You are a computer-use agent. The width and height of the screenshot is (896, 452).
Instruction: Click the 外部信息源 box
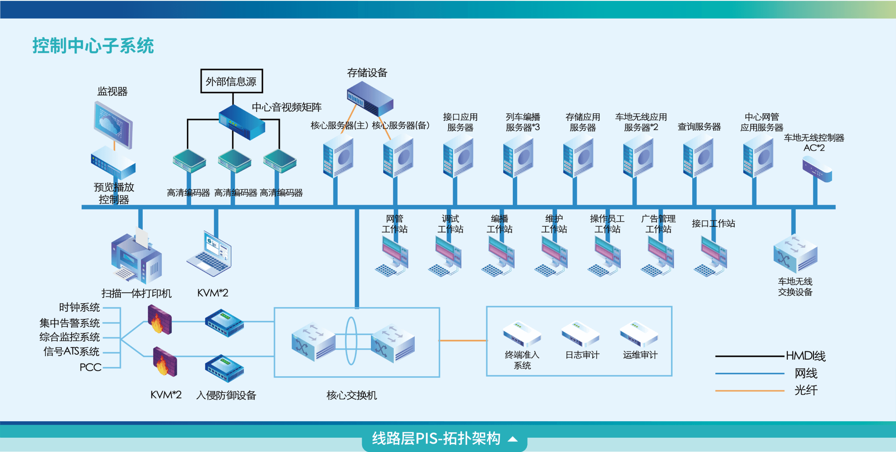click(x=232, y=81)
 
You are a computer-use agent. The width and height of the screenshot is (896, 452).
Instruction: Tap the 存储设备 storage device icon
click(x=370, y=99)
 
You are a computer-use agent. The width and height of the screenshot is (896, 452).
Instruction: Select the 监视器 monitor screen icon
click(x=113, y=125)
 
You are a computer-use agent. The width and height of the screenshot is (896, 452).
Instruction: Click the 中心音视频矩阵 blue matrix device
click(x=242, y=122)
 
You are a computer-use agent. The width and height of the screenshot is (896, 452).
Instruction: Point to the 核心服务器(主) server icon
click(x=338, y=158)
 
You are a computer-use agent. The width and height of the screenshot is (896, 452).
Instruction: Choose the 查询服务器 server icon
click(x=698, y=158)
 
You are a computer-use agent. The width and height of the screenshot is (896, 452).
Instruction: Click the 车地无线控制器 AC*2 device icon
click(x=817, y=169)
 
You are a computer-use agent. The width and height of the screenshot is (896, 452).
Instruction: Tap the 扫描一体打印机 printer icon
click(x=136, y=258)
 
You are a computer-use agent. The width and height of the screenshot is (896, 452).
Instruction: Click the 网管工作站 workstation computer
click(x=392, y=256)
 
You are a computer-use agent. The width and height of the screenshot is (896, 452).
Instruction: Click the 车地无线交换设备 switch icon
click(x=795, y=254)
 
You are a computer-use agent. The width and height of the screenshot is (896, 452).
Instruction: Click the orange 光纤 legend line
click(x=749, y=391)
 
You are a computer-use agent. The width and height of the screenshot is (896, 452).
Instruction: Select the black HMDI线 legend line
click(x=749, y=356)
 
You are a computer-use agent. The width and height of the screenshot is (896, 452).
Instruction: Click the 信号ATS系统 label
click(x=71, y=351)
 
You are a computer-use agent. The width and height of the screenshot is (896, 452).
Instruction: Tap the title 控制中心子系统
click(x=93, y=45)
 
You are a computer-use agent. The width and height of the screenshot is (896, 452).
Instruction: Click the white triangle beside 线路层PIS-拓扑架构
click(x=512, y=439)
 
